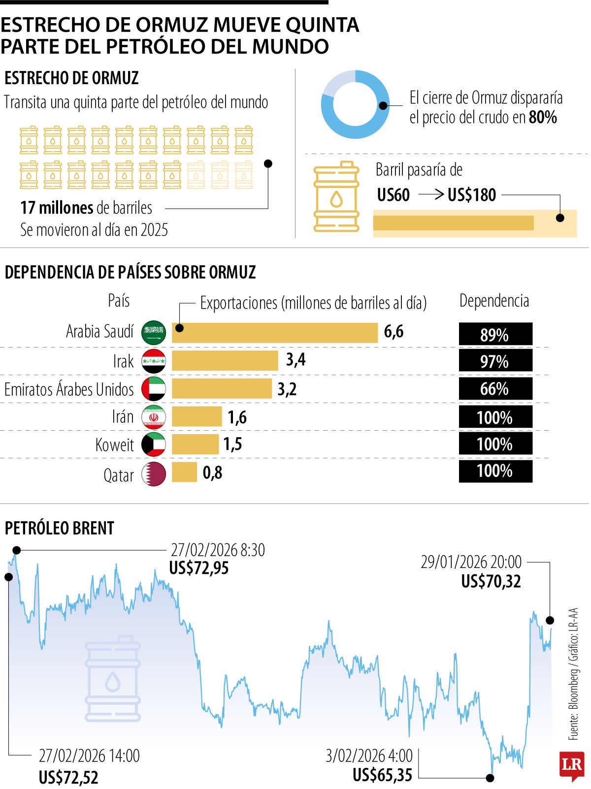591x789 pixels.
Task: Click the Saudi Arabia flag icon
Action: coord(154,332)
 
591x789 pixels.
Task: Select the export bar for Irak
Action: coord(225,360)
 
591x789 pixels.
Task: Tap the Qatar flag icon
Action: coord(154,474)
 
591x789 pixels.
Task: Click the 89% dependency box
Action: coord(495,334)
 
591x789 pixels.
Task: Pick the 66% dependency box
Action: coord(495,389)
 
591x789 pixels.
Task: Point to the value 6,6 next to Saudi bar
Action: coord(394,332)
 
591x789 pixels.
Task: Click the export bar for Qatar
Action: coord(184,473)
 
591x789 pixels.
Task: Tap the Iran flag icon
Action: coord(154,417)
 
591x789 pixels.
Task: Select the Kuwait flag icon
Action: coord(154,445)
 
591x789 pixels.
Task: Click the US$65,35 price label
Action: coord(382,775)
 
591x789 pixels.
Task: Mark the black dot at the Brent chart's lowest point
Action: coord(490,778)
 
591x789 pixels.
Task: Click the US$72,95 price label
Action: coord(199,568)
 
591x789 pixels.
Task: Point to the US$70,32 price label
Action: coord(491,581)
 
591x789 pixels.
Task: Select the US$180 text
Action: coord(472,195)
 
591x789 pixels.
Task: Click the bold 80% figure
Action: coord(543,117)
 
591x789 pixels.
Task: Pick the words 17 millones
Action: coord(57,208)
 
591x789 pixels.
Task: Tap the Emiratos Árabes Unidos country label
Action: coord(69,389)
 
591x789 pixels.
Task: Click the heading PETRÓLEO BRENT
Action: coord(60,528)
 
